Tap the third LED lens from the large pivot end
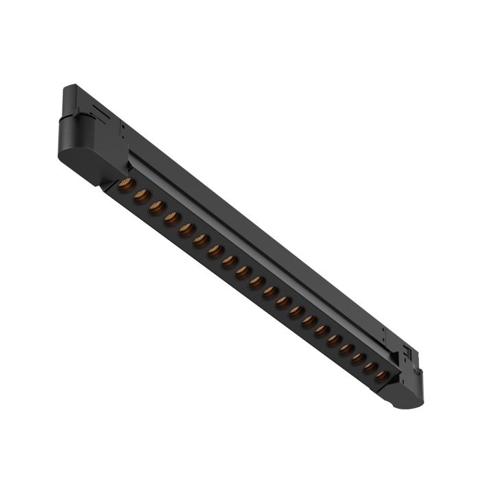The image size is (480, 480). tap(157, 207)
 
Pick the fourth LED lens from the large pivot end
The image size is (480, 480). tap(171, 219)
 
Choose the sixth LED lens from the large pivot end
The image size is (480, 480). tap(201, 241)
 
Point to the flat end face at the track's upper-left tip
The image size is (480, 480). tap(68, 95)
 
